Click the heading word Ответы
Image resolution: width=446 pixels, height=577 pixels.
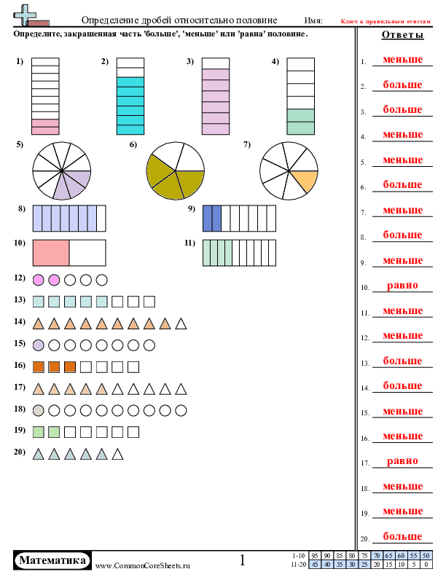pyautogui.click(x=402, y=34)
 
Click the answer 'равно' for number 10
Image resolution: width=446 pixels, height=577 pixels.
pyautogui.click(x=402, y=285)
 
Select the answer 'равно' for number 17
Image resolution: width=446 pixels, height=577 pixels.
pyautogui.click(x=402, y=460)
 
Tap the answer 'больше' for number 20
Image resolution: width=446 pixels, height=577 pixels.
pyautogui.click(x=402, y=536)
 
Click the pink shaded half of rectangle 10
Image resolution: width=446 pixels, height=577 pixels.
pyautogui.click(x=51, y=253)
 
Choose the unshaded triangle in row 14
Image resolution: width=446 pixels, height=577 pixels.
pyautogui.click(x=181, y=323)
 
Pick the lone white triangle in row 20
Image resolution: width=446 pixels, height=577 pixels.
pyautogui.click(x=117, y=454)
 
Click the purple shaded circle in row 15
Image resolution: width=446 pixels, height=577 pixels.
pyautogui.click(x=39, y=345)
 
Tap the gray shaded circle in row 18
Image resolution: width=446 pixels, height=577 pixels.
pyautogui.click(x=39, y=410)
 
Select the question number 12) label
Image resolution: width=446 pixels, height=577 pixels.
pyautogui.click(x=20, y=278)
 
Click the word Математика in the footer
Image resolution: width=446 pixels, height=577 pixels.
pyautogui.click(x=52, y=560)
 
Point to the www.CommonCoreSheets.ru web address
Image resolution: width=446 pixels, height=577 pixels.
pyautogui.click(x=143, y=566)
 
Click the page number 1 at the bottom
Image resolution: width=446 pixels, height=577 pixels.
pyautogui.click(x=242, y=560)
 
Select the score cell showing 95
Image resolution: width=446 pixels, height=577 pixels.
pyautogui.click(x=315, y=556)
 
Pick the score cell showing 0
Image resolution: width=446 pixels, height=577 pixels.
pyautogui.click(x=426, y=564)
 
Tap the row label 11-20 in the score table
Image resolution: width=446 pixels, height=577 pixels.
pyautogui.click(x=299, y=564)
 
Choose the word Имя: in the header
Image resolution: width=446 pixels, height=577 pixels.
pyautogui.click(x=313, y=20)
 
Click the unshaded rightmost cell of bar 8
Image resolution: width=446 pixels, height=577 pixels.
pyautogui.click(x=101, y=219)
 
